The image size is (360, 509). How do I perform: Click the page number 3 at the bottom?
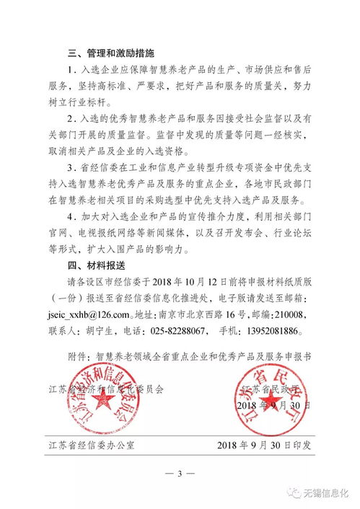click(x=180, y=473)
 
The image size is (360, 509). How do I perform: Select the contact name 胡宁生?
click(x=111, y=331)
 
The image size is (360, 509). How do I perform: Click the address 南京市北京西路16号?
click(x=216, y=315)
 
